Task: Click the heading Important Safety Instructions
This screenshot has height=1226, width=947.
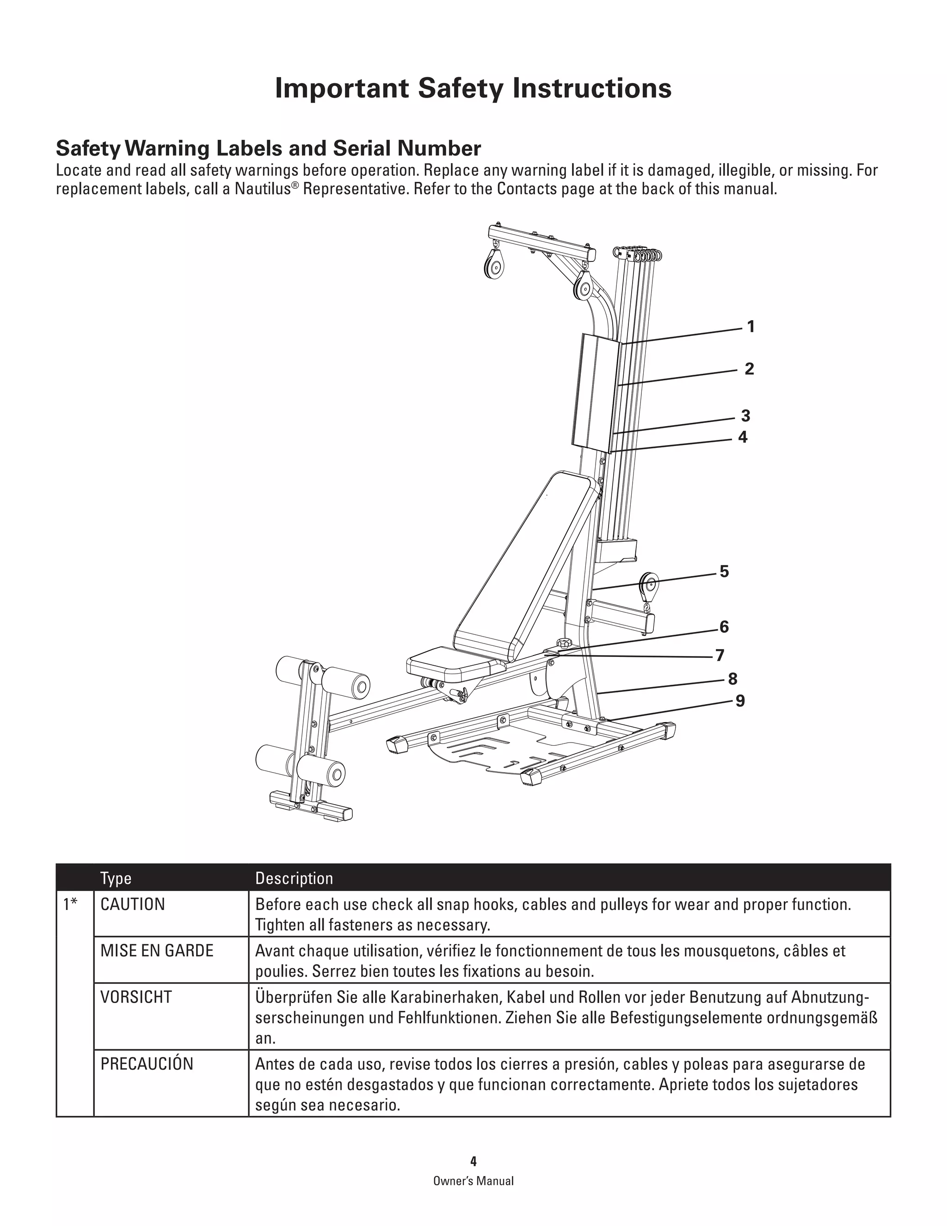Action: (x=473, y=89)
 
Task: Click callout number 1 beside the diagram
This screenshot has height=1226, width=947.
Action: (x=750, y=327)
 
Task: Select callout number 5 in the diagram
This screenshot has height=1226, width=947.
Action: (x=724, y=571)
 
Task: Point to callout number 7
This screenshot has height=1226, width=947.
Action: (x=720, y=655)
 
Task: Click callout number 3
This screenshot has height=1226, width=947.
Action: (x=745, y=416)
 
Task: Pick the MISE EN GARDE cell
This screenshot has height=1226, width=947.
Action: (x=157, y=950)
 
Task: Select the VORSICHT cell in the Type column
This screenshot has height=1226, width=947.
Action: (x=136, y=997)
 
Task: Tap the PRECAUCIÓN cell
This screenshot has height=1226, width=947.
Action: (x=147, y=1064)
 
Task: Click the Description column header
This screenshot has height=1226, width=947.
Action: (x=294, y=879)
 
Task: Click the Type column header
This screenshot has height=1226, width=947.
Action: (x=116, y=879)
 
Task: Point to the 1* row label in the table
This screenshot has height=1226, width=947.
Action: (x=70, y=904)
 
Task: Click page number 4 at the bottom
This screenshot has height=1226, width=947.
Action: (x=473, y=1161)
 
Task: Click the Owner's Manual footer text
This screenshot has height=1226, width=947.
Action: (x=473, y=1181)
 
